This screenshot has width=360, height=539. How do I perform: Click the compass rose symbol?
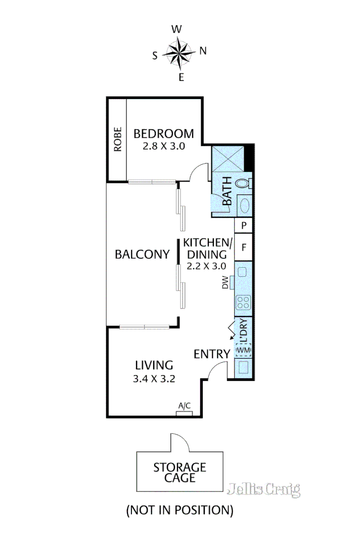click(181, 52)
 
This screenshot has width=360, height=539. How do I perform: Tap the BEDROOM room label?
click(163, 134)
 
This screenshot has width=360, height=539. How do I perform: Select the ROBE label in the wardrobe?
click(117, 139)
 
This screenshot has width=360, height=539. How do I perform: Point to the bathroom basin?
click(244, 206)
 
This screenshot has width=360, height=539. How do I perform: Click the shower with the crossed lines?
click(228, 158)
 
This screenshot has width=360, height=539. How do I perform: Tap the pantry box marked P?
click(244, 225)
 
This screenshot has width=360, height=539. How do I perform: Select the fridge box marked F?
click(244, 248)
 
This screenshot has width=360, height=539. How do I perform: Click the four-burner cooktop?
click(243, 303)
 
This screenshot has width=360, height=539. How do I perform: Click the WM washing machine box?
click(243, 350)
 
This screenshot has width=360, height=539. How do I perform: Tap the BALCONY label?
click(142, 254)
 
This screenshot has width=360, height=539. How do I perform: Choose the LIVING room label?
click(154, 365)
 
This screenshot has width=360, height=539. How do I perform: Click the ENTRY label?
click(212, 354)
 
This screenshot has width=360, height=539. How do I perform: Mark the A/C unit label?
click(185, 406)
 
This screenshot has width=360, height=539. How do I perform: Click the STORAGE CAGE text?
click(180, 472)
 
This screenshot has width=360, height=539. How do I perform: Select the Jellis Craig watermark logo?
click(264, 489)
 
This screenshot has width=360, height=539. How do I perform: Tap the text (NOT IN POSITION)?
click(180, 510)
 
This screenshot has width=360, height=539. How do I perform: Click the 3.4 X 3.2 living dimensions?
click(154, 379)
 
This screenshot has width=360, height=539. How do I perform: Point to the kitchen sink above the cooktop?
click(242, 272)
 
